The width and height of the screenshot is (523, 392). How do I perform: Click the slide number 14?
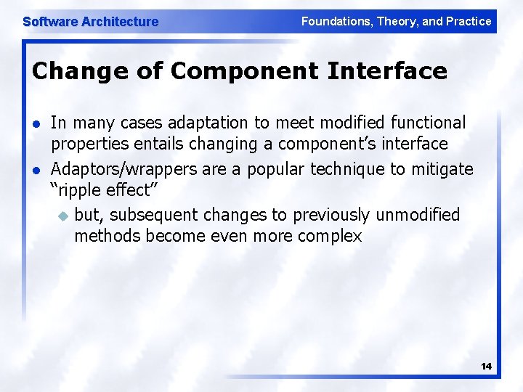487,367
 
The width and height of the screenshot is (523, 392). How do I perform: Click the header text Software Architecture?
90,22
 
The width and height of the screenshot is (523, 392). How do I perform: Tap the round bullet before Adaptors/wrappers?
37,171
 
